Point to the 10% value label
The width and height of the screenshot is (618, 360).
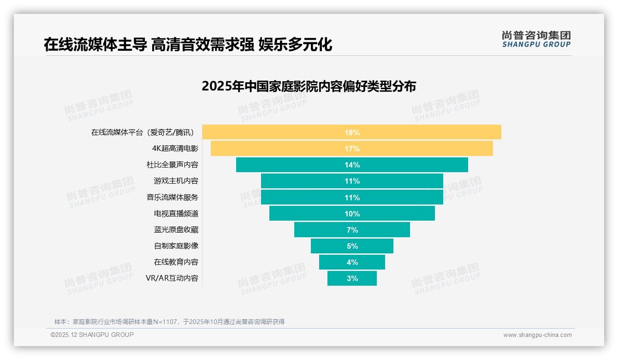click(x=352, y=214)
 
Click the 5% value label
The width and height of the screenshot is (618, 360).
click(x=352, y=246)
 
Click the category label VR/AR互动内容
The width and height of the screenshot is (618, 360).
click(x=172, y=278)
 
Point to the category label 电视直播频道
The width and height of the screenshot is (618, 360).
click(x=176, y=214)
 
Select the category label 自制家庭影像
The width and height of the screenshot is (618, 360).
click(x=176, y=246)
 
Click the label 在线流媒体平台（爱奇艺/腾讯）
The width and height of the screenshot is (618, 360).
click(x=144, y=132)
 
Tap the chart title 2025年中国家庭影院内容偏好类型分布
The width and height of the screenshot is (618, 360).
click(x=309, y=86)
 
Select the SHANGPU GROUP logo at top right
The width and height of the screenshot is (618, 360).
click(x=536, y=39)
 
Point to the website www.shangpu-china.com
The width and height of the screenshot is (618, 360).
click(x=537, y=335)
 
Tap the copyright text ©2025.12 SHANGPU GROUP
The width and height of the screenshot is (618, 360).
click(x=92, y=335)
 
